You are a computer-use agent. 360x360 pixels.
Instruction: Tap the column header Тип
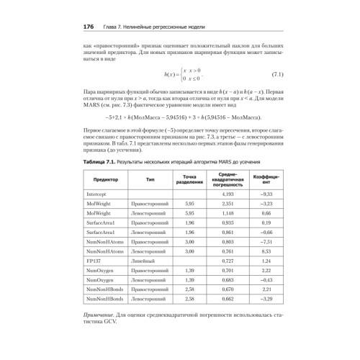click(150, 179)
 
